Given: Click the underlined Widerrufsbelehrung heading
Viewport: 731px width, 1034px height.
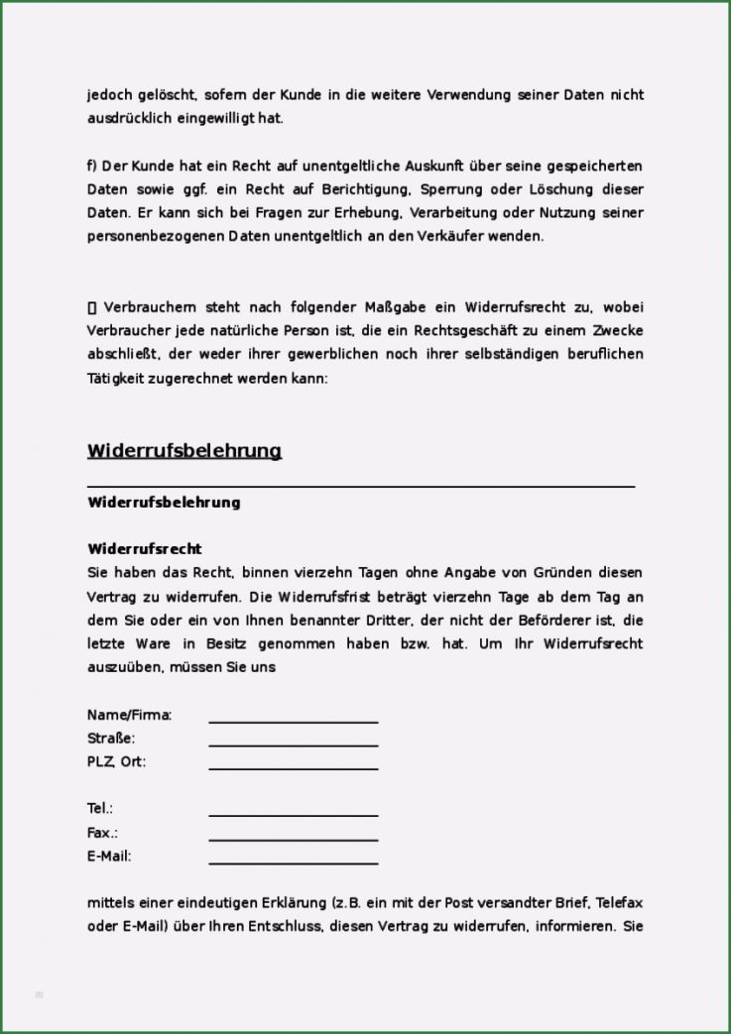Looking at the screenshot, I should click(184, 451).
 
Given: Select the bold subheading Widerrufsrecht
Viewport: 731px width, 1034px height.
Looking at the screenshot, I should click(145, 548).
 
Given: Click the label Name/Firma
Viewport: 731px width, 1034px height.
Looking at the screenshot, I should click(130, 715).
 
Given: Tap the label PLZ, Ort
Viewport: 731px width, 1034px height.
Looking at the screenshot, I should click(117, 762).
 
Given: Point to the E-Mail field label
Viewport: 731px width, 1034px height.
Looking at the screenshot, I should click(109, 857).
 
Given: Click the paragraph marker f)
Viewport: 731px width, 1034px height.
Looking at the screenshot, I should click(92, 166).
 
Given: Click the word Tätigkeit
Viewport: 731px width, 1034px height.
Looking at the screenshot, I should click(118, 379).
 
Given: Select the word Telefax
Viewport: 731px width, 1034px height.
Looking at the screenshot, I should click(620, 903).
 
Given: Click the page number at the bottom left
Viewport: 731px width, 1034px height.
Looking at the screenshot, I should click(40, 993).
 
